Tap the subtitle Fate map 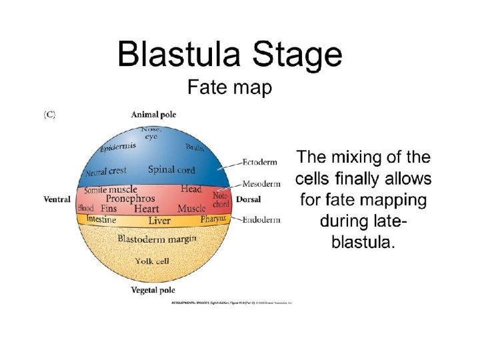229,89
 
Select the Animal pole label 153,115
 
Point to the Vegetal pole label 153,290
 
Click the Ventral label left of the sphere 57,199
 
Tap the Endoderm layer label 262,219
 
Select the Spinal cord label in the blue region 171,169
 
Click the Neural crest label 106,173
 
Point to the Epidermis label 118,146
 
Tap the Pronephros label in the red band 131,199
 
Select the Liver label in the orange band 159,220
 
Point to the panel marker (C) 49,115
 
